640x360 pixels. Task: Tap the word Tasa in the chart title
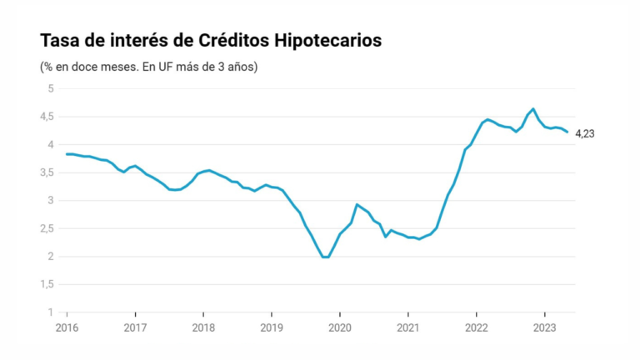pyautogui.click(x=59, y=41)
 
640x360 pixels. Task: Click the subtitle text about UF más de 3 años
pyautogui.click(x=148, y=66)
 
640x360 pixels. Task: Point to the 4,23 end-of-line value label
pyautogui.click(x=587, y=133)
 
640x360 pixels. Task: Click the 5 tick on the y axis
pyautogui.click(x=51, y=88)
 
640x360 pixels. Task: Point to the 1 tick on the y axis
pyautogui.click(x=51, y=312)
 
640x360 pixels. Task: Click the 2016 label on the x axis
pyautogui.click(x=67, y=327)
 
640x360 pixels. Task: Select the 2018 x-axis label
pyautogui.click(x=203, y=327)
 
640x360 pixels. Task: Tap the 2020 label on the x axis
pyautogui.click(x=340, y=327)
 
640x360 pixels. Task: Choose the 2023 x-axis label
pyautogui.click(x=544, y=327)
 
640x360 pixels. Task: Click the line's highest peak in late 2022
pyautogui.click(x=533, y=108)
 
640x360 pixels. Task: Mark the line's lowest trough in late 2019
pyautogui.click(x=326, y=257)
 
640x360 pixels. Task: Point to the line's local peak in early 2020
pyautogui.click(x=357, y=204)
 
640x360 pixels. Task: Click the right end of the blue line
pyautogui.click(x=567, y=132)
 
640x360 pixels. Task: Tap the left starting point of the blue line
pyautogui.click(x=67, y=153)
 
